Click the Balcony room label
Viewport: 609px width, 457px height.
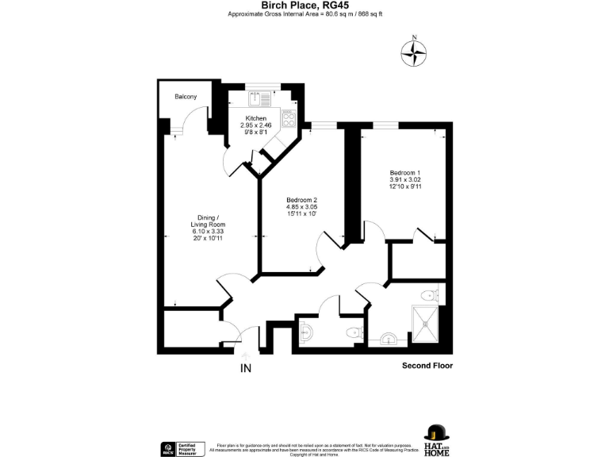tap(186, 98)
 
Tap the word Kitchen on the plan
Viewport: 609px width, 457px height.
tap(255, 117)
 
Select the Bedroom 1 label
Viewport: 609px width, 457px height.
tap(404, 173)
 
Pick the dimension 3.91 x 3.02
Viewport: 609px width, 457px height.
tap(404, 180)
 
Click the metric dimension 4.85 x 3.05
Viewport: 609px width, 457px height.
tap(301, 206)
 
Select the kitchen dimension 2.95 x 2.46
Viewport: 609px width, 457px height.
tap(255, 125)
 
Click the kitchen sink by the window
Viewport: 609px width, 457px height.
tap(259, 98)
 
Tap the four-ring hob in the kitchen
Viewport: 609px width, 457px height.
tap(289, 121)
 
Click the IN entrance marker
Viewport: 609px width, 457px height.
tap(247, 368)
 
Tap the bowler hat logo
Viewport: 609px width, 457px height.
tap(435, 433)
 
